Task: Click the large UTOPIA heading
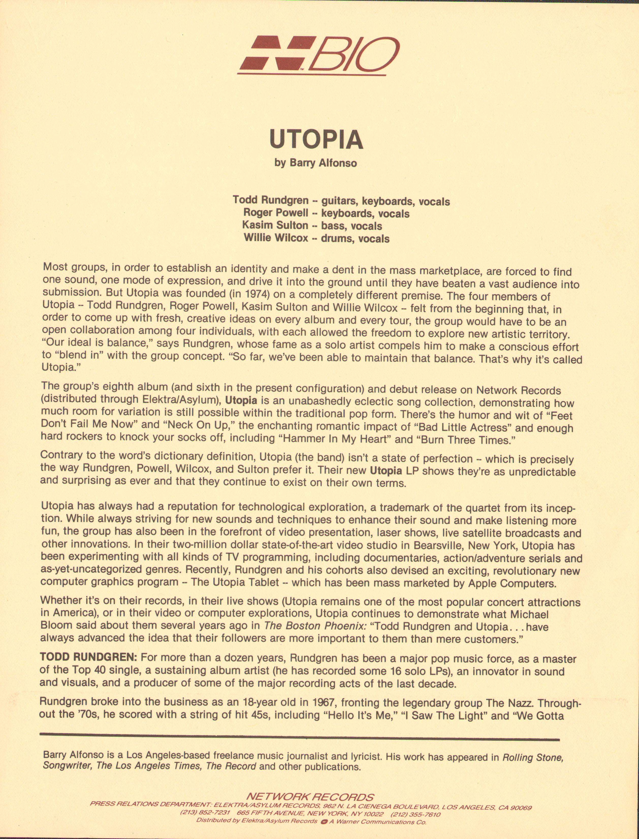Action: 316,140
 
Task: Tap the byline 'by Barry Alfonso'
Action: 316,163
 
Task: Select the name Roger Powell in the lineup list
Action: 276,213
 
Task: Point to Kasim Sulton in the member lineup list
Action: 275,225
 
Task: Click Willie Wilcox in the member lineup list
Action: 276,238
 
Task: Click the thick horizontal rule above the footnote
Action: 299,739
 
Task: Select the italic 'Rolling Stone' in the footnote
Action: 533,757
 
